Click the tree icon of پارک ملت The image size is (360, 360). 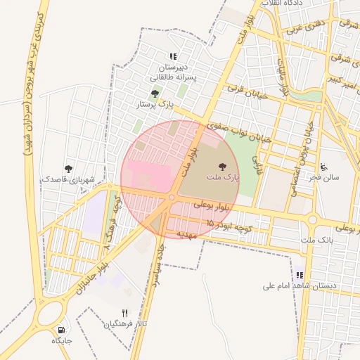(x=223, y=167)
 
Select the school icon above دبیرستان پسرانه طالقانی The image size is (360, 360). (x=173, y=56)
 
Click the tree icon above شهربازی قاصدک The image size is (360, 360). (x=68, y=168)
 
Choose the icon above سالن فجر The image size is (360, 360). (x=323, y=167)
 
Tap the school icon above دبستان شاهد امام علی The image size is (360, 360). (x=300, y=275)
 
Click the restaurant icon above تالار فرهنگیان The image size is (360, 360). (x=125, y=313)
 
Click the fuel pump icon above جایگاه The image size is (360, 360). (x=62, y=329)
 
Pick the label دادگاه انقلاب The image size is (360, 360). (x=282, y=4)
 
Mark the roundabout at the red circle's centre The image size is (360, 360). (x=171, y=198)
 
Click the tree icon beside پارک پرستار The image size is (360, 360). (x=155, y=93)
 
